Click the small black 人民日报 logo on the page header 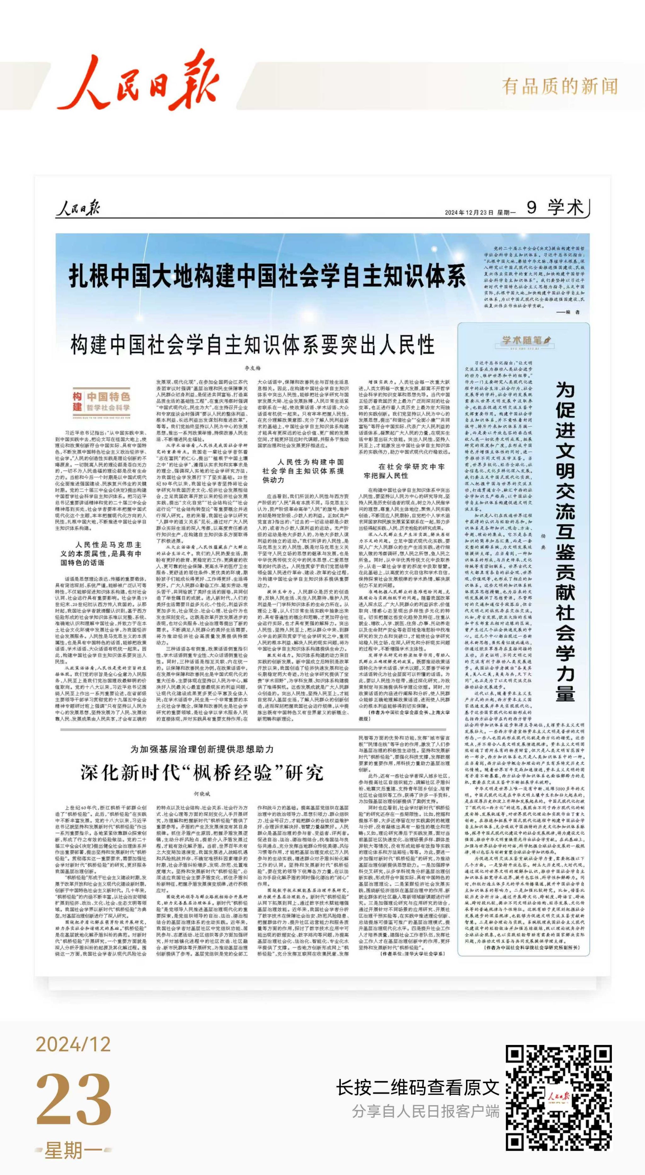(x=77, y=208)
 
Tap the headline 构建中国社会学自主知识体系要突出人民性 (x=252, y=344)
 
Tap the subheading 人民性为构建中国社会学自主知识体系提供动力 (x=303, y=471)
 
